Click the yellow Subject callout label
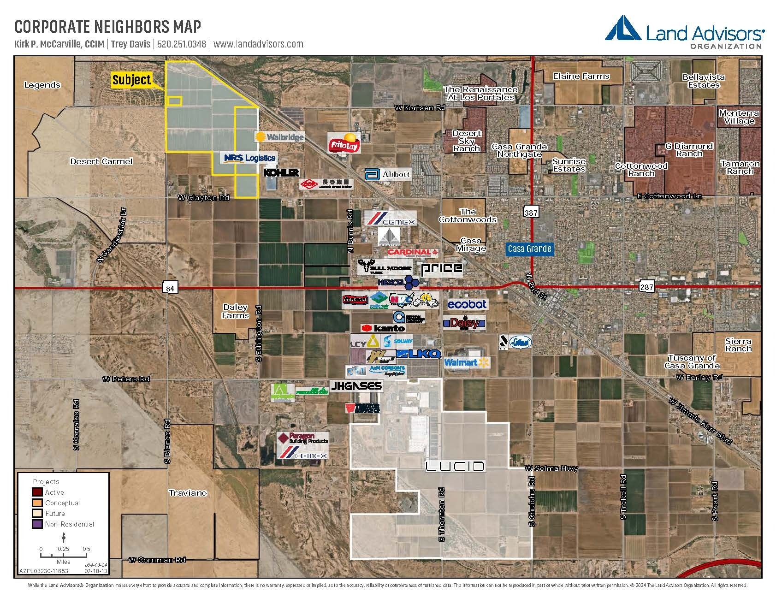[x=131, y=80]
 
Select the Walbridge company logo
[x=279, y=137]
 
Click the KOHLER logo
[x=281, y=173]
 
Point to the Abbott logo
[x=387, y=174]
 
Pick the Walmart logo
[x=466, y=363]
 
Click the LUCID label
[x=455, y=466]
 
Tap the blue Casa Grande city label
[x=529, y=249]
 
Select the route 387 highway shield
[x=531, y=212]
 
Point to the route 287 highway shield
[x=646, y=287]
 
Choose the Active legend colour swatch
[x=37, y=492]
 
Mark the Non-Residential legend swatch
[x=37, y=524]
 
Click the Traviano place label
[x=188, y=493]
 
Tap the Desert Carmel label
[x=101, y=161]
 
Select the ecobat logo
[x=467, y=304]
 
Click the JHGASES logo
[x=356, y=386]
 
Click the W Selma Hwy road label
[x=551, y=468]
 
